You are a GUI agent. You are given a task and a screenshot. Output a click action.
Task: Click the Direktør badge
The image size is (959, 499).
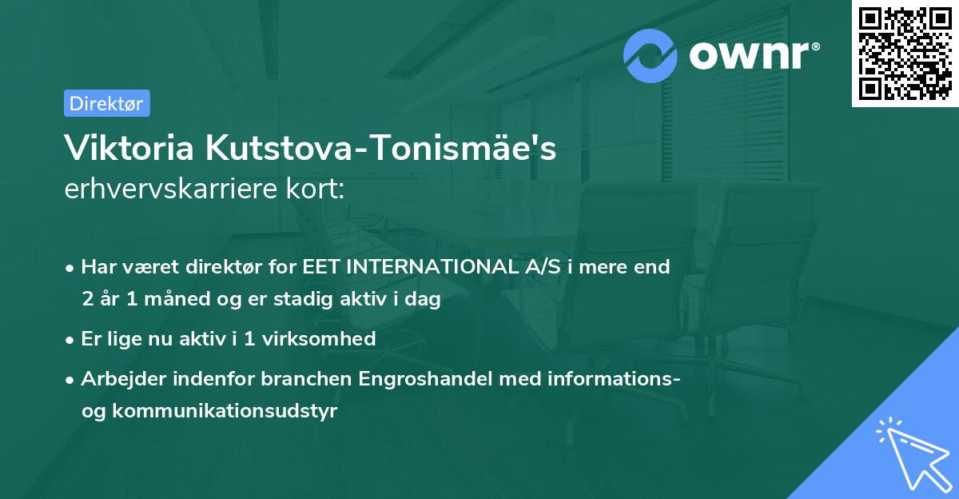(106, 103)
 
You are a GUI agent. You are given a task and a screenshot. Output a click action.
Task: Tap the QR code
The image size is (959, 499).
(904, 54)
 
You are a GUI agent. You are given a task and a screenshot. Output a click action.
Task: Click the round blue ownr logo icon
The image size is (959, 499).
(651, 56)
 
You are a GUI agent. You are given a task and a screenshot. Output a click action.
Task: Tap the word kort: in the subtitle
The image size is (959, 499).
(319, 190)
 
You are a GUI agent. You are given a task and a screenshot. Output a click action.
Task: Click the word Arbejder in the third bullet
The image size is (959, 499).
(117, 378)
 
